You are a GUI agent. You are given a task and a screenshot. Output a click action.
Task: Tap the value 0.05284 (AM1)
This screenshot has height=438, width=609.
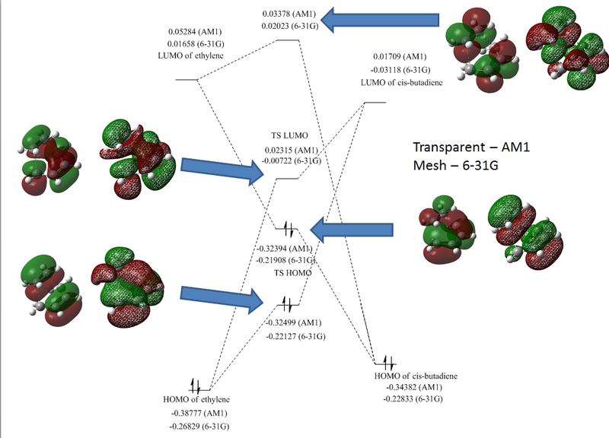point(199,33)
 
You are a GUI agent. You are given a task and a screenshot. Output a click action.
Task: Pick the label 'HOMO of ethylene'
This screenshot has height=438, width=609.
point(196,400)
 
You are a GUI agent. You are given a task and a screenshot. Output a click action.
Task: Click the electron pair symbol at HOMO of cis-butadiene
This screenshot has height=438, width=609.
point(387,361)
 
